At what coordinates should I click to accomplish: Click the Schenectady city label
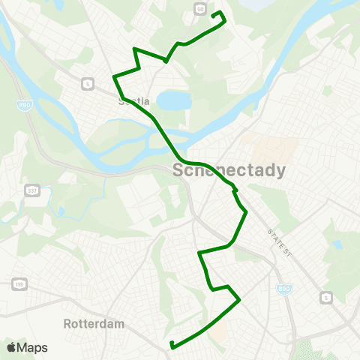(229, 170)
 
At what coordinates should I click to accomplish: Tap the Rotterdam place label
(93, 324)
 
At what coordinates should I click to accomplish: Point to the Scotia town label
(134, 100)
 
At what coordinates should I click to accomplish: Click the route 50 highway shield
(199, 8)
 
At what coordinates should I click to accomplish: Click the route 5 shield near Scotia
(88, 83)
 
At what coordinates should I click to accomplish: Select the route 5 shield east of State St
(326, 298)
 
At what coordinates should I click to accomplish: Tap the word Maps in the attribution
(33, 347)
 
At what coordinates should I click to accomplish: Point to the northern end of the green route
(216, 13)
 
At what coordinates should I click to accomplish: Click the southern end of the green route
(172, 345)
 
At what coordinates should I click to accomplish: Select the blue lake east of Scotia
(174, 100)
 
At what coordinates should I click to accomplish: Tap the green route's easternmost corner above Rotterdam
(239, 301)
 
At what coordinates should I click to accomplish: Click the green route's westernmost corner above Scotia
(113, 76)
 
